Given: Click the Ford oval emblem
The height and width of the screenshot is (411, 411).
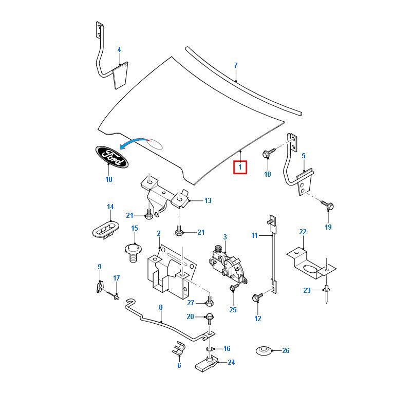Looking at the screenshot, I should coord(111,157).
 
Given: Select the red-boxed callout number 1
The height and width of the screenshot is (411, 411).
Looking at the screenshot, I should coord(240,167).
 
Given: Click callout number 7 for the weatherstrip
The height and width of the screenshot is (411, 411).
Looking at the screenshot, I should coord(236,65).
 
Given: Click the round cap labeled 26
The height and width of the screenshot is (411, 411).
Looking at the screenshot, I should coord(264,351).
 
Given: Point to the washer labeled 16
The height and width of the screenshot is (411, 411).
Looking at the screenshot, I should coord(211,348).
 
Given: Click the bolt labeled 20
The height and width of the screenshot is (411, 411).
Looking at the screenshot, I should coord(210,317).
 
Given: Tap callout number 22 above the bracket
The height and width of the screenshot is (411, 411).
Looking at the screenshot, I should coord(303,232).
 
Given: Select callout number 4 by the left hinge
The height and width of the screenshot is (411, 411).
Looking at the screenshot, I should coord(119,50).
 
